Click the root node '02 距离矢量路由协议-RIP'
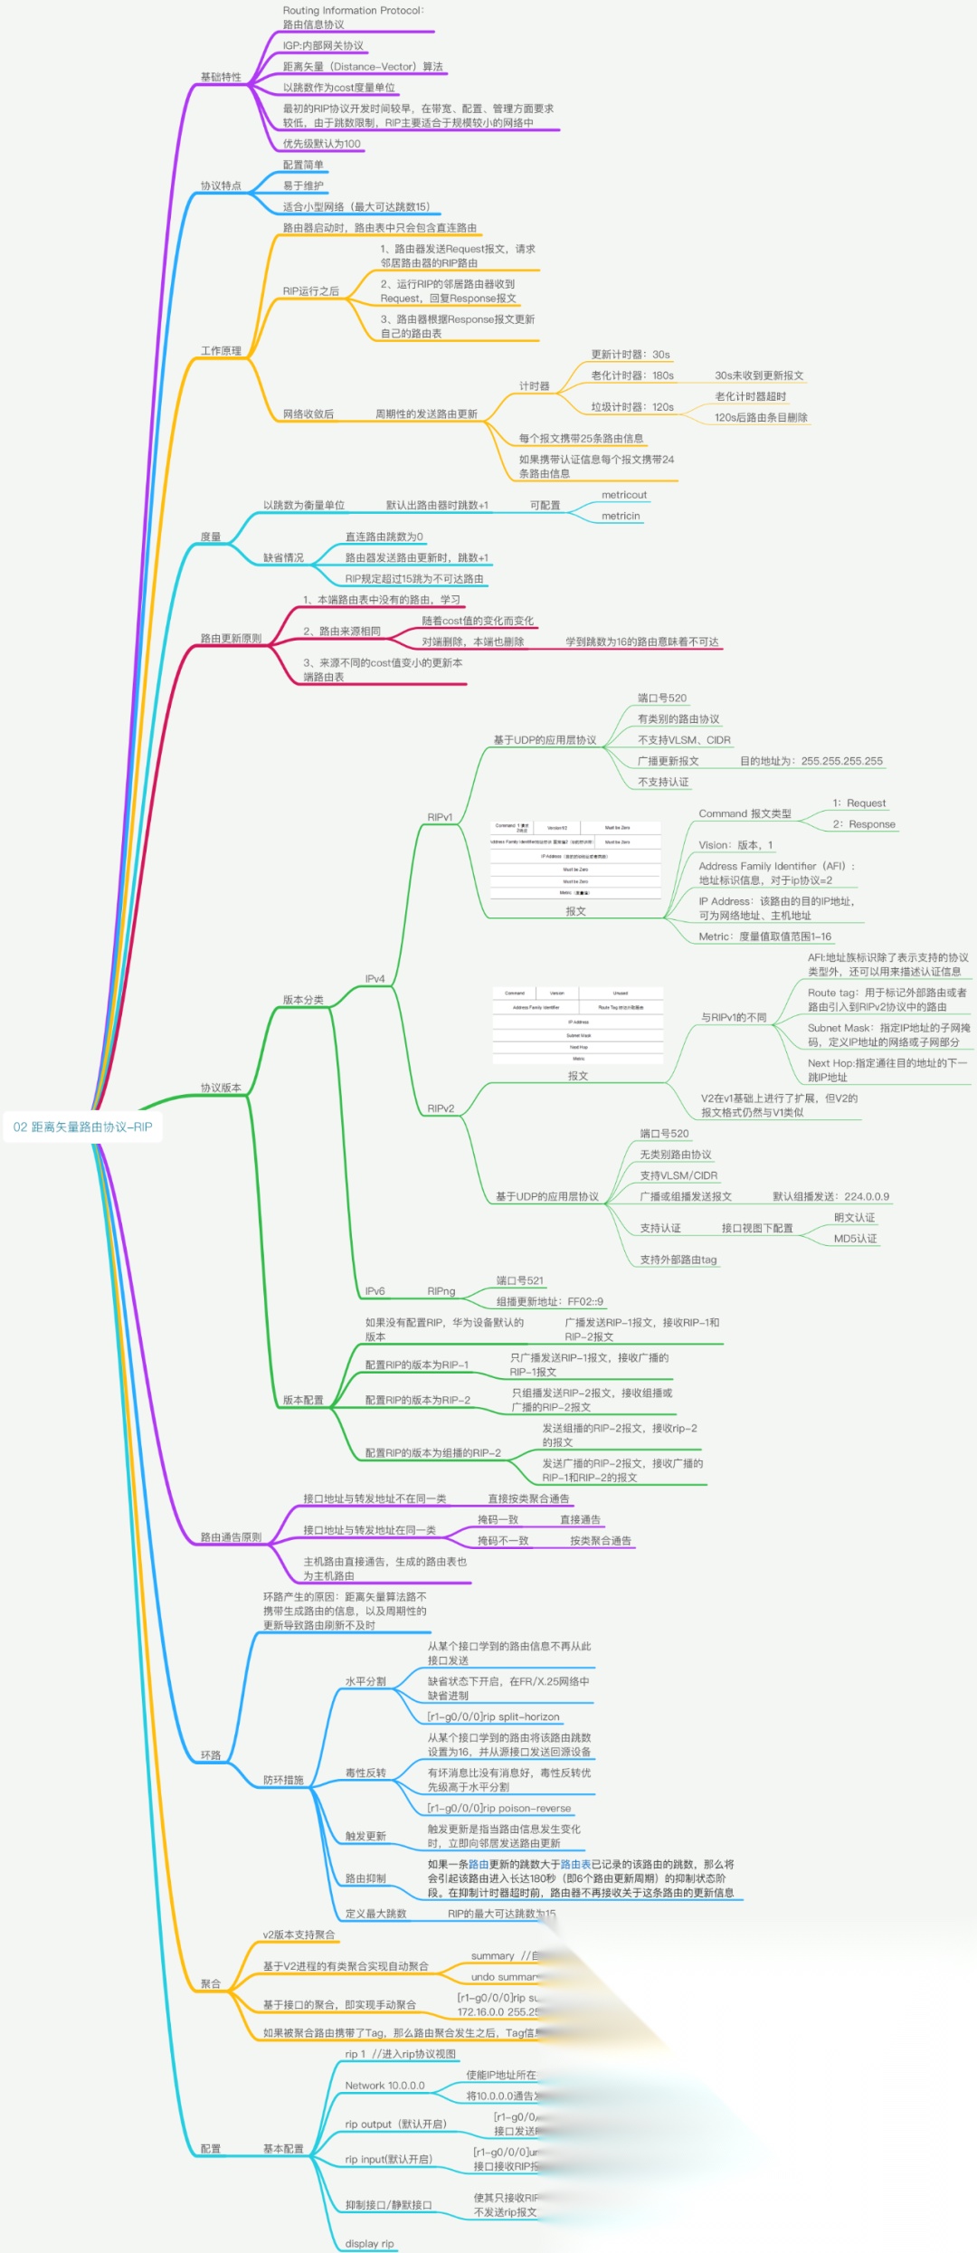coord(82,1126)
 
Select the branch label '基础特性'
coord(221,77)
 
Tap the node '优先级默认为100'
coord(321,143)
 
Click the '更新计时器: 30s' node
coord(630,355)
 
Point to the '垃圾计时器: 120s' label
coord(631,407)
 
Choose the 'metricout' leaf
coord(623,495)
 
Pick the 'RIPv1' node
coord(440,817)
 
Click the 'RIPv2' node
coord(441,1108)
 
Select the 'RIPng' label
coord(441,1291)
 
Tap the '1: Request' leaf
coord(858,803)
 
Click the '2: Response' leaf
coord(864,824)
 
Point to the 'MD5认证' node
coord(855,1239)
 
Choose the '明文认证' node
coord(854,1218)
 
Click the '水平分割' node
coord(365,1681)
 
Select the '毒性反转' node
coord(365,1773)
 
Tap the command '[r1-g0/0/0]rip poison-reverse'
coord(499,1808)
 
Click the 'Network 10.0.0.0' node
coord(384,2086)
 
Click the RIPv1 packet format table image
coord(575,860)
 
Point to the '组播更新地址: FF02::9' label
coord(549,1301)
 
